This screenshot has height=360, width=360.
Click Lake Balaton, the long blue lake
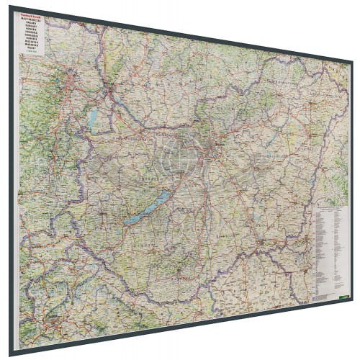tap(147, 209)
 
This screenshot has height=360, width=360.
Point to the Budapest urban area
tap(210, 152)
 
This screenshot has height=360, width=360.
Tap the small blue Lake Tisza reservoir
tap(269, 141)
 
